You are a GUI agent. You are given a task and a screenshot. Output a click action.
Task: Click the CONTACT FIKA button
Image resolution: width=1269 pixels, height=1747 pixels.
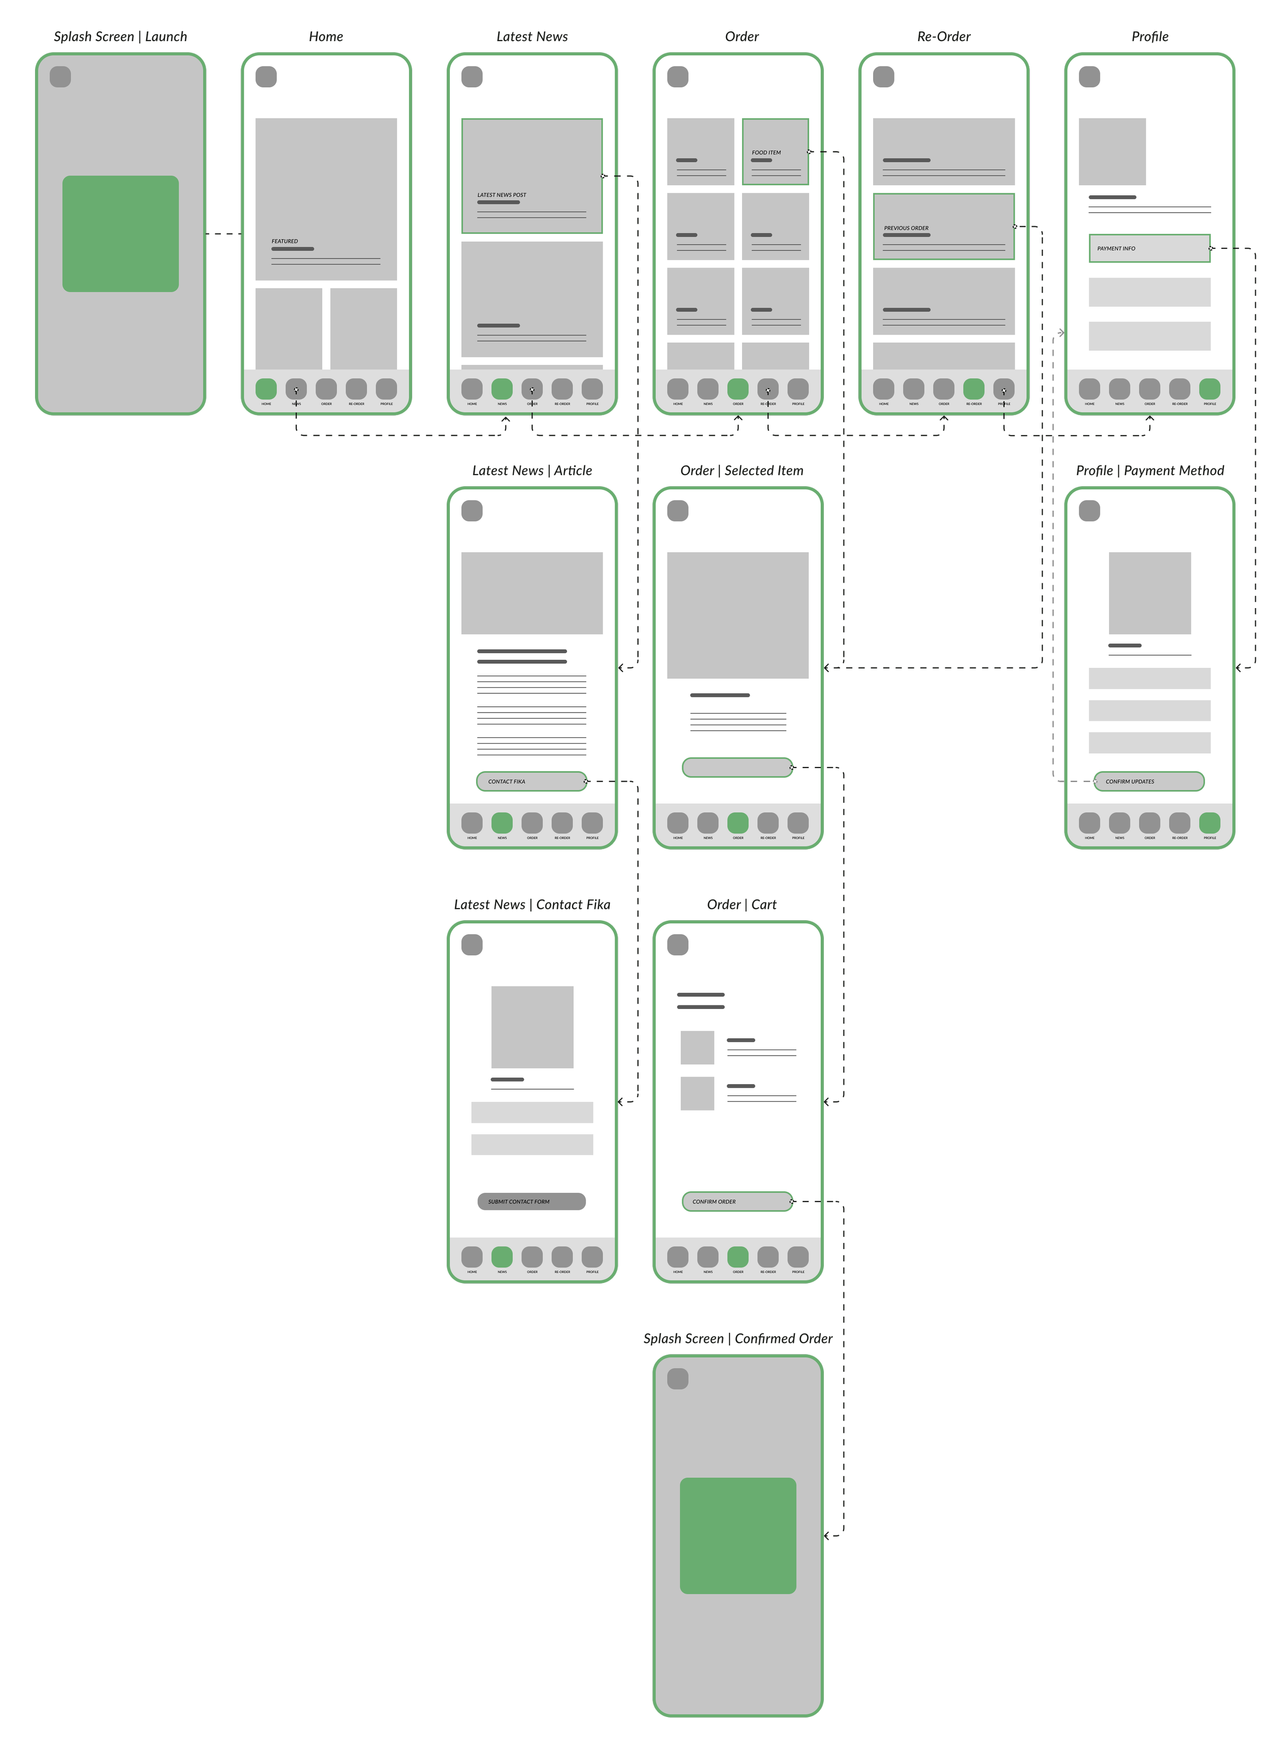pyautogui.click(x=531, y=781)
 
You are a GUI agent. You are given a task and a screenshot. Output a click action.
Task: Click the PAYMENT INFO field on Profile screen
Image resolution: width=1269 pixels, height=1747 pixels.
pyautogui.click(x=1149, y=248)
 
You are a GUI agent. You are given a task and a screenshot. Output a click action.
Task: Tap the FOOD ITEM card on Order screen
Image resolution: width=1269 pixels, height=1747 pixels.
pyautogui.click(x=775, y=152)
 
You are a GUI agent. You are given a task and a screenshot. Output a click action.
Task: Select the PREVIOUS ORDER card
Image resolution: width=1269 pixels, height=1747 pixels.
pyautogui.click(x=943, y=226)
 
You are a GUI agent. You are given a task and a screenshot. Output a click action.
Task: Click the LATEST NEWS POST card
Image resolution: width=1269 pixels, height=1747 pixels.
pyautogui.click(x=531, y=176)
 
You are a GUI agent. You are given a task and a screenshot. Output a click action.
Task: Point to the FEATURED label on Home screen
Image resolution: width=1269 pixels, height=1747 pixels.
pyautogui.click(x=284, y=241)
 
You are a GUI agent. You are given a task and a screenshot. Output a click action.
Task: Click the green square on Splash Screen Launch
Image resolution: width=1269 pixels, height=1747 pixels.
pyautogui.click(x=120, y=233)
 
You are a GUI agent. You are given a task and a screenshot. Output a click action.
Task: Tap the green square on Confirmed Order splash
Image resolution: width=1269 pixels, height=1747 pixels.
pyautogui.click(x=738, y=1535)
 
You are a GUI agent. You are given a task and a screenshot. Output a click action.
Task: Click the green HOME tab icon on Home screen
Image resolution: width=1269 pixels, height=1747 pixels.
pyautogui.click(x=266, y=389)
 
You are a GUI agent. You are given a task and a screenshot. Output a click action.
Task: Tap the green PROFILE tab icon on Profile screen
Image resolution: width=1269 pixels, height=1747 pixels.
pyautogui.click(x=1210, y=389)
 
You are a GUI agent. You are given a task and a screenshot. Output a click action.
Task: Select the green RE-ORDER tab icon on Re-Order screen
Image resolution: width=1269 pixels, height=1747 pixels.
pyautogui.click(x=973, y=389)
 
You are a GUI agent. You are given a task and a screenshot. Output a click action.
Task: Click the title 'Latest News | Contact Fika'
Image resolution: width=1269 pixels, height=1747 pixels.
pyautogui.click(x=531, y=904)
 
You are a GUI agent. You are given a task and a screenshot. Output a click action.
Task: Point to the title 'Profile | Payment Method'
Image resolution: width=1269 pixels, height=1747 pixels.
pyautogui.click(x=1150, y=471)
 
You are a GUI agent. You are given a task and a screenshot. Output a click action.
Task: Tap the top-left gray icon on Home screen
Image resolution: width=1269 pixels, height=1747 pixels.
pyautogui.click(x=266, y=77)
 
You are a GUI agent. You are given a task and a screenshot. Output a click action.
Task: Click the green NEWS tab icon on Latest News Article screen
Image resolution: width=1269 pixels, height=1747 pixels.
pyautogui.click(x=502, y=823)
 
